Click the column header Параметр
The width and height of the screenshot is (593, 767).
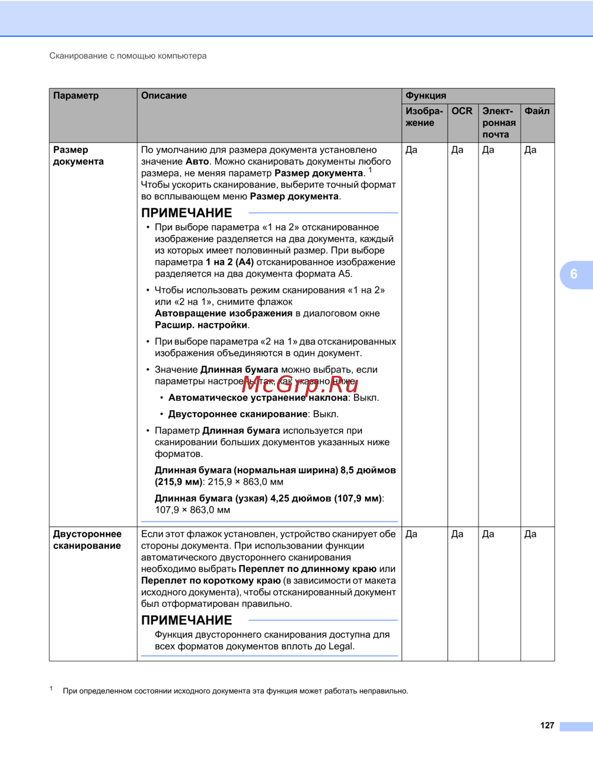click(x=76, y=96)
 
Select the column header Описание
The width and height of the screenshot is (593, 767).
click(x=164, y=96)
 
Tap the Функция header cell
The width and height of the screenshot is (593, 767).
click(x=426, y=96)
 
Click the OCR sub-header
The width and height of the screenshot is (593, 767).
click(x=462, y=111)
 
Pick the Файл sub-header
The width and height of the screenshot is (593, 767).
click(x=537, y=111)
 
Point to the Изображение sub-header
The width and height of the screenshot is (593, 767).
click(x=424, y=117)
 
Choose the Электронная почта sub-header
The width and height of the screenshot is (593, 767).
click(x=499, y=123)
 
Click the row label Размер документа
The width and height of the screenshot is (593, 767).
click(x=78, y=156)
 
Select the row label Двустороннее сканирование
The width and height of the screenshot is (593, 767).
click(x=87, y=540)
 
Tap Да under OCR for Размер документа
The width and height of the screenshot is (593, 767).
click(x=457, y=150)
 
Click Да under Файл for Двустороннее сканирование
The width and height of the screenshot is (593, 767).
click(x=530, y=534)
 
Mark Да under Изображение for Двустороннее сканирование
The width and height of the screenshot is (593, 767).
click(x=412, y=534)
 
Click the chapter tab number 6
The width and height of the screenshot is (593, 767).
click(x=573, y=274)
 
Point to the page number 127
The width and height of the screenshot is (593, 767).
click(x=547, y=726)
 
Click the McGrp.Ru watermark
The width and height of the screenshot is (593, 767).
click(x=300, y=385)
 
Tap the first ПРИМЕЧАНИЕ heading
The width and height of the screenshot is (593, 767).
click(x=186, y=213)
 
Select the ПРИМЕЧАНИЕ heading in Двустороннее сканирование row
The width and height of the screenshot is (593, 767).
click(x=186, y=621)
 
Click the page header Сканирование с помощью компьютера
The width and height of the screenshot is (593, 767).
click(x=128, y=56)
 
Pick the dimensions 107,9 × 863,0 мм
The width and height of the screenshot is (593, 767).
click(x=193, y=510)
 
